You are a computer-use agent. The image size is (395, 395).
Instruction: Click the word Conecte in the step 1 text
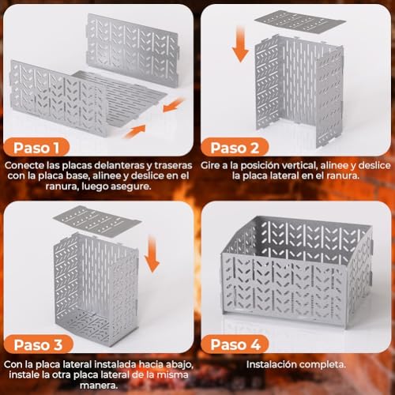click(x=25, y=167)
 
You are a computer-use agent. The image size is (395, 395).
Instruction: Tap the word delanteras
click(x=100, y=167)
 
